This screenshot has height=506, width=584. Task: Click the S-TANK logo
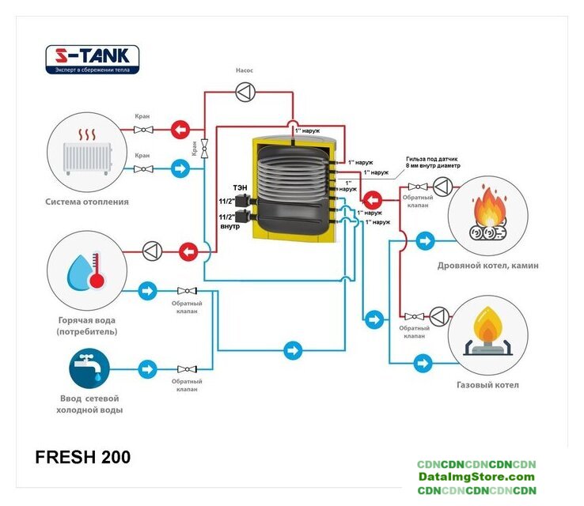[x=93, y=59]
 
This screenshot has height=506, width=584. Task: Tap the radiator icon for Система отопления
[x=87, y=150]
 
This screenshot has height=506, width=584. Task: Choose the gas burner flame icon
[x=487, y=328]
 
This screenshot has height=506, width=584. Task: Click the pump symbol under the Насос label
[x=245, y=93]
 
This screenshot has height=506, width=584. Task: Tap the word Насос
[x=245, y=70]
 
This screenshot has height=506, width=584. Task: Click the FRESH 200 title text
[x=83, y=457]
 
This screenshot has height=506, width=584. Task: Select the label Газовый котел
[x=487, y=385]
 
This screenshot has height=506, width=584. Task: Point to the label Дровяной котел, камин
[x=487, y=266]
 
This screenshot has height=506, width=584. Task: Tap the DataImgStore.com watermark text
[x=476, y=477]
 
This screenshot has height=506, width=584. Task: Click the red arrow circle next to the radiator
[x=181, y=129]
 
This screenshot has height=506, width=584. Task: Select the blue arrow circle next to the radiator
[x=181, y=168]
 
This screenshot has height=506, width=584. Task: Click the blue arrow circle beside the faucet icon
[x=147, y=368]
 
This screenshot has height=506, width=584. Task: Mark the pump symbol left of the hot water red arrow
[x=151, y=251]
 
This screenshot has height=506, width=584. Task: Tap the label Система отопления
[x=87, y=202]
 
